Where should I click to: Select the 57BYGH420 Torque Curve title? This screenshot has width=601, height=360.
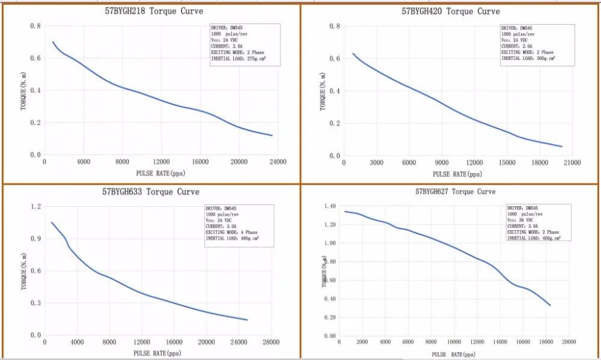pos(450,11)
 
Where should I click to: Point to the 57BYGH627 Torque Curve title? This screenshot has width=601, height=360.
pos(456,192)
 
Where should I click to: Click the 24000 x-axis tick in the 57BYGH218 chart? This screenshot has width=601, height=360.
pos(278,162)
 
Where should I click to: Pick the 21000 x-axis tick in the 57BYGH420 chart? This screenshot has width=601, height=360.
pos(572,163)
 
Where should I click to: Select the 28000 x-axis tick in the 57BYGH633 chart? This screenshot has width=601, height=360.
pos(270,343)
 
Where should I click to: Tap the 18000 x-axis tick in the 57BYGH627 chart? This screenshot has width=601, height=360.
pos(546,342)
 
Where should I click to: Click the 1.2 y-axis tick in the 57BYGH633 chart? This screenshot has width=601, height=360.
pos(35,207)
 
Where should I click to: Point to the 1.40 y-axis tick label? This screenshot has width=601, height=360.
pos(329,206)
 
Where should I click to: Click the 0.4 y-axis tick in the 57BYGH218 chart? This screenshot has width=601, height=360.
pos(35,91)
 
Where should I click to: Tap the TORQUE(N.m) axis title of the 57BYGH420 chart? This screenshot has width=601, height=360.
pos(323,91)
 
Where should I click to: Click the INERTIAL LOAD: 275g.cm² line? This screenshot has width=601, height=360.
pos(238,59)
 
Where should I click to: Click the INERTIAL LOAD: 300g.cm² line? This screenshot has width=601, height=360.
pos(528,58)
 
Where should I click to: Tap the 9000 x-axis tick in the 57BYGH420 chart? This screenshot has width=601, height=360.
pos(442,163)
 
